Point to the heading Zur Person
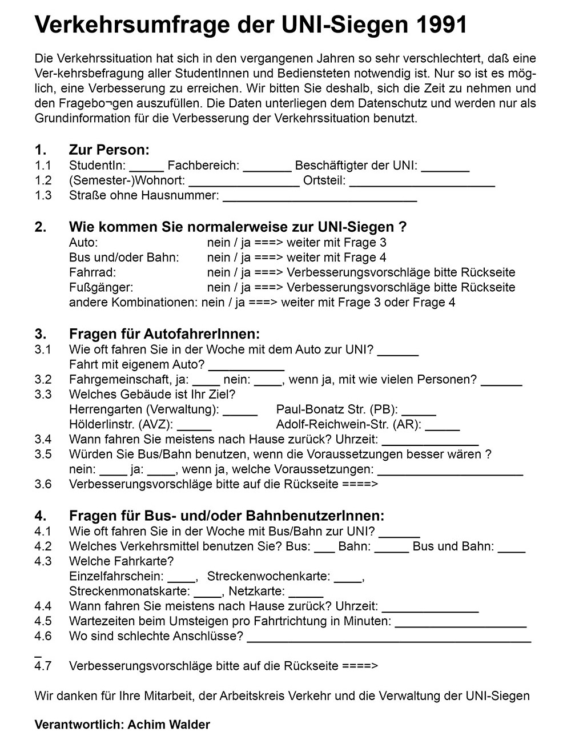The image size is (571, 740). [x=109, y=150]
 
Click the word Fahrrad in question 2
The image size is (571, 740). [x=92, y=272]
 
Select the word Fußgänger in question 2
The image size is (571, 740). [x=100, y=287]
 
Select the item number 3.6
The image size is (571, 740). [x=43, y=484]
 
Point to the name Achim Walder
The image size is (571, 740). [x=169, y=725]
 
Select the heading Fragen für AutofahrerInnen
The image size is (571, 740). [x=164, y=334]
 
